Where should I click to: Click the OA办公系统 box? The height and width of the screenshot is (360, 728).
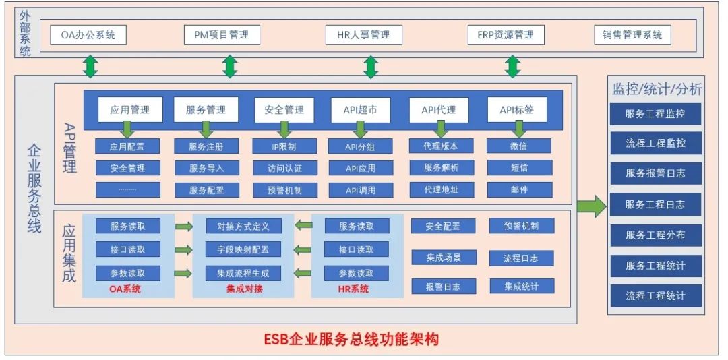point(88,34)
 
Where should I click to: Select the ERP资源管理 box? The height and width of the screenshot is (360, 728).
point(506,34)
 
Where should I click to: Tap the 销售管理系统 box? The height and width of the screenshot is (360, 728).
point(632,34)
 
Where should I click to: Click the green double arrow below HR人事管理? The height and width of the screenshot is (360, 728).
point(370,66)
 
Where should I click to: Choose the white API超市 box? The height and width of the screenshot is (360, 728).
point(361,109)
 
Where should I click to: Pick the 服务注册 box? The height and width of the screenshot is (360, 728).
point(206,146)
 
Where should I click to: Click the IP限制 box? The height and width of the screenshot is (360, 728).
point(284,146)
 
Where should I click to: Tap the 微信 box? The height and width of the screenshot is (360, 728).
point(519,146)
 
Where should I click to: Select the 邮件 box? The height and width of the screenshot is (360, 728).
point(519,189)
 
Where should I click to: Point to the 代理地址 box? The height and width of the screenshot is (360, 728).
point(442,189)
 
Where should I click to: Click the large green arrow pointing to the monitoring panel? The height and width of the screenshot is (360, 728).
point(591,205)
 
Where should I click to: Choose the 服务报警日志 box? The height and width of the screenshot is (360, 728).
point(655,173)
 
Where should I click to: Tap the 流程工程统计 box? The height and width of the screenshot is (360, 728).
point(655,295)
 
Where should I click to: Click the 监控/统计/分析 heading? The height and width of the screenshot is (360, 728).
point(656,89)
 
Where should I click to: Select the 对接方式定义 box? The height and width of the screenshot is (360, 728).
point(243,226)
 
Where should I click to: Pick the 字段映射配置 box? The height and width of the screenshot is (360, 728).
point(243,249)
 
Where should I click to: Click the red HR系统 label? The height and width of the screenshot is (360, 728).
point(353,289)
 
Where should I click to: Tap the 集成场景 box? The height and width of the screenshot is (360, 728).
point(443,257)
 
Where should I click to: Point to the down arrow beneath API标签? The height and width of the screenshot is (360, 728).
point(518,129)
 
